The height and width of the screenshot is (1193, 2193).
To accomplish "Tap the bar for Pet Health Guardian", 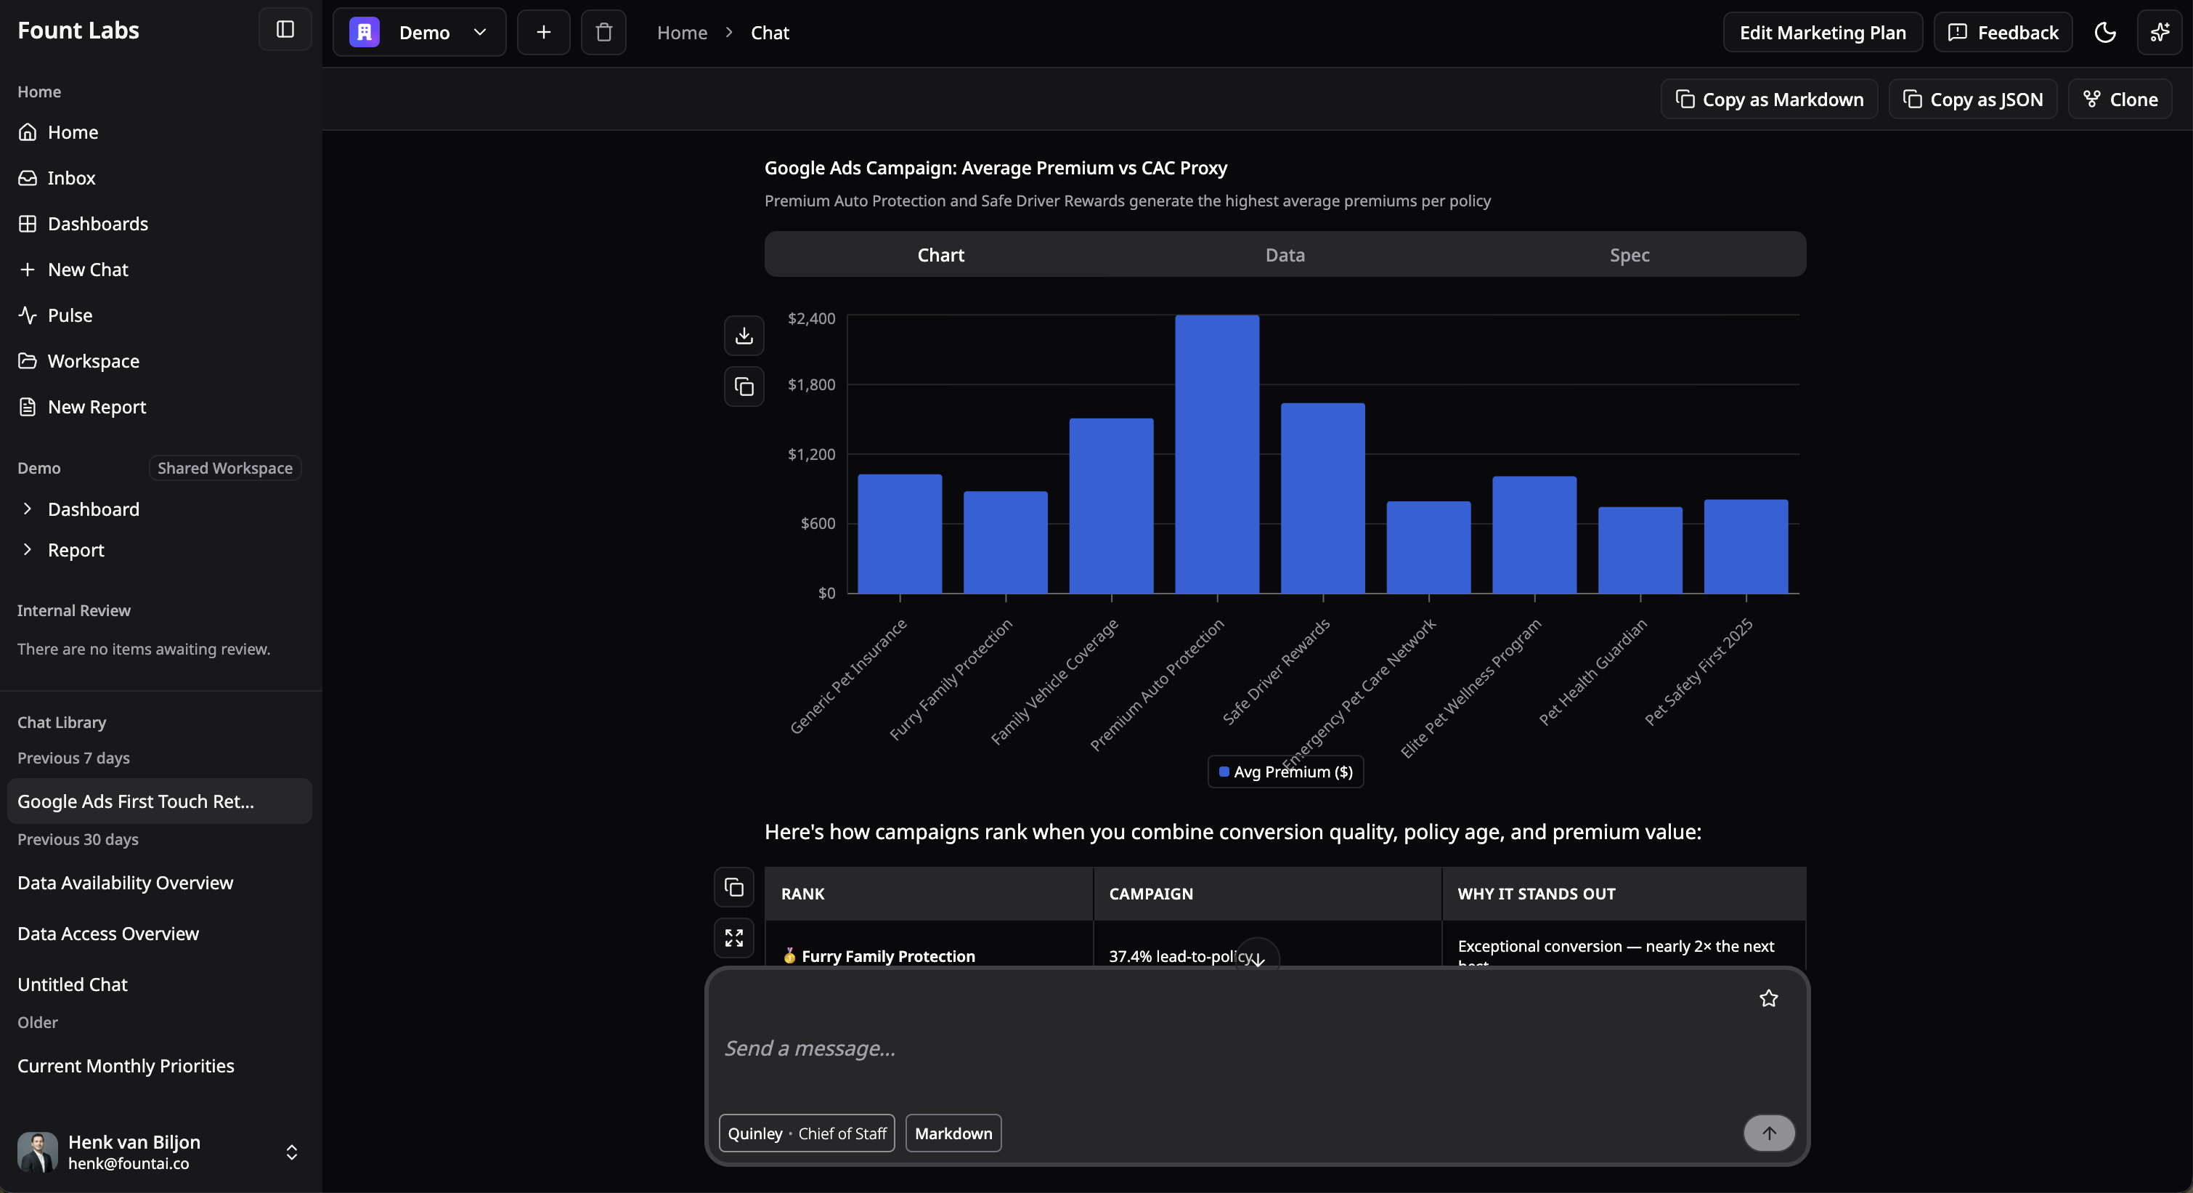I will pyautogui.click(x=1640, y=550).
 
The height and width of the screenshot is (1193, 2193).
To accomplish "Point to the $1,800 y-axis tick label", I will pyautogui.click(x=811, y=385).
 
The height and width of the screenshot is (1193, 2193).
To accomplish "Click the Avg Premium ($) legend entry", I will pyautogui.click(x=1285, y=772).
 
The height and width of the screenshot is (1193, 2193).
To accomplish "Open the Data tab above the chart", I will pyautogui.click(x=1285, y=254).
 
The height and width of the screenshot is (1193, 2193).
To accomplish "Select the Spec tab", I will pyautogui.click(x=1630, y=254).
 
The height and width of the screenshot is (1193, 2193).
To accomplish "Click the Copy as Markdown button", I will pyautogui.click(x=1769, y=100).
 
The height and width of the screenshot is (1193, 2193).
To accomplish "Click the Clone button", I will pyautogui.click(x=2120, y=100).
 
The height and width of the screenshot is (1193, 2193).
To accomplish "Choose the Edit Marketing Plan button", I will pyautogui.click(x=1822, y=33).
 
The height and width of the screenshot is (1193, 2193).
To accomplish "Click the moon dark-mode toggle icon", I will pyautogui.click(x=2104, y=33).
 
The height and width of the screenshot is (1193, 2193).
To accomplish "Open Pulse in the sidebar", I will pyautogui.click(x=70, y=315).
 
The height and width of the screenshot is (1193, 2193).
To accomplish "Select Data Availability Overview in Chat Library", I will pyautogui.click(x=125, y=883).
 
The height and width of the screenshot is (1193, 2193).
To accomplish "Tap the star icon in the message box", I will pyautogui.click(x=1768, y=998).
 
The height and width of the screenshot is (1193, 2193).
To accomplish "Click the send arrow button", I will pyautogui.click(x=1768, y=1133).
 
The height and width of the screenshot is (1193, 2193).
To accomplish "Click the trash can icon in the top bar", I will pyautogui.click(x=603, y=33).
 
